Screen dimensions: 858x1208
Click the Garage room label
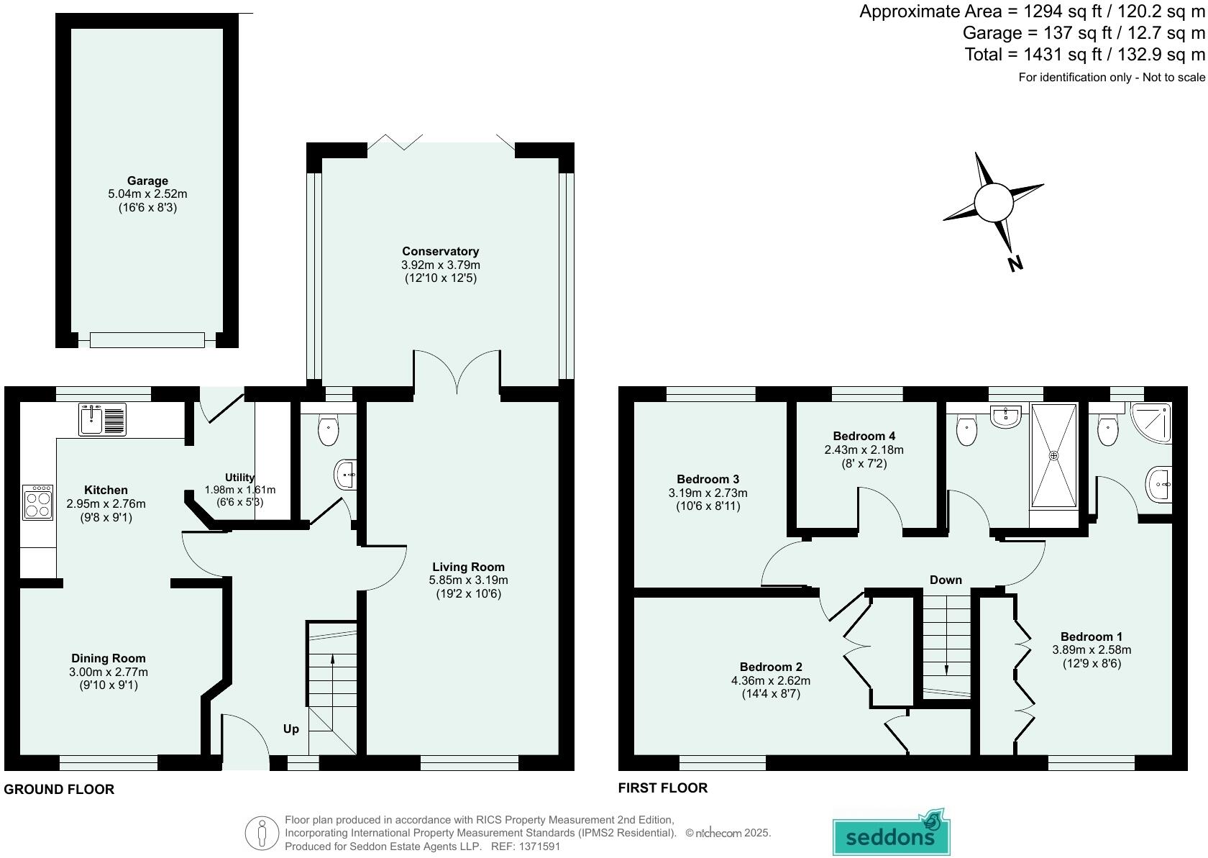tap(147, 181)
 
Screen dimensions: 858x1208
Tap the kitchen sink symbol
tap(101, 419)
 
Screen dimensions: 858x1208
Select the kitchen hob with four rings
tap(39, 502)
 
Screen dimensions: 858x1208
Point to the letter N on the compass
tap(1015, 264)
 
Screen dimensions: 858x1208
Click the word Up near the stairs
tap(290, 729)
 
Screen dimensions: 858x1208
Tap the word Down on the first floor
tap(945, 580)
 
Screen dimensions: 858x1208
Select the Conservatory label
tap(440, 251)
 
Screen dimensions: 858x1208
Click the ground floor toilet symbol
tap(328, 432)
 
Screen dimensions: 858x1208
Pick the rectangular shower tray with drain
tap(1054, 455)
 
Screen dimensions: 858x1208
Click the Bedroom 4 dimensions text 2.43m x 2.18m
tap(864, 449)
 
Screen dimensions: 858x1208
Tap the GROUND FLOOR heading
tap(59, 789)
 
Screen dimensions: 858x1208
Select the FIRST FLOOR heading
tap(662, 788)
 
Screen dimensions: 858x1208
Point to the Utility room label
tap(239, 477)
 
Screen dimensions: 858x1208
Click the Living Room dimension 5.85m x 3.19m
tap(468, 580)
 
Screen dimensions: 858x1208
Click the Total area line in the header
tap(1084, 55)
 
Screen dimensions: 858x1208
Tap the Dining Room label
tap(108, 658)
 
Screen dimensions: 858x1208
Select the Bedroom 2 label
tap(770, 667)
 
